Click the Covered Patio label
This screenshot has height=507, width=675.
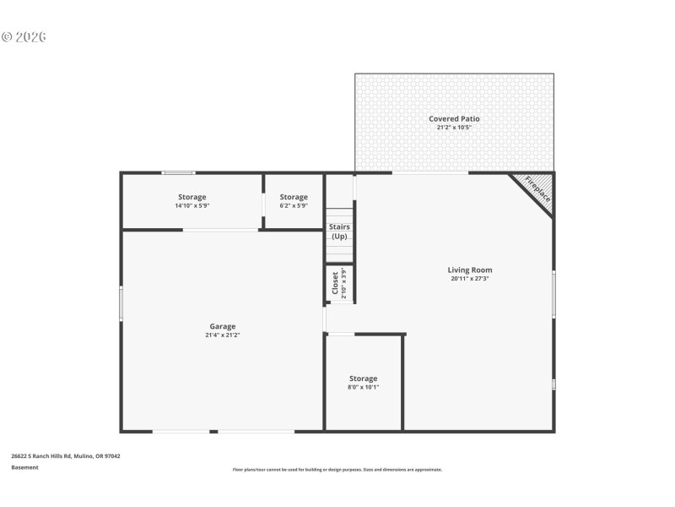[454, 119]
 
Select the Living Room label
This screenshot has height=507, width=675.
[470, 270]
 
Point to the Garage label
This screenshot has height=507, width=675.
[223, 326]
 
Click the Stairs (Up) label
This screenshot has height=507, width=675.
[339, 232]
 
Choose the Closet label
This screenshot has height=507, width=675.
[335, 285]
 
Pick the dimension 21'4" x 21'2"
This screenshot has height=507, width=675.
[223, 335]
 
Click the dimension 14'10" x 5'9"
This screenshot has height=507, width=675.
[192, 205]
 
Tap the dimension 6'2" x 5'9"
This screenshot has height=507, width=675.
[294, 205]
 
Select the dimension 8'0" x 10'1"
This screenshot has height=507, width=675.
[364, 387]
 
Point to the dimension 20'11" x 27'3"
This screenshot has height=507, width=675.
[470, 279]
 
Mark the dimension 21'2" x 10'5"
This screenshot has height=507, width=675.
[454, 128]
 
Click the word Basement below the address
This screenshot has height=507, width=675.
[24, 467]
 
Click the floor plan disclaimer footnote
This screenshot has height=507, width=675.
[337, 470]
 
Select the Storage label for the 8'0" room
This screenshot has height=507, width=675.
[364, 379]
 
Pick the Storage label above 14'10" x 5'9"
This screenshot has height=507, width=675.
[192, 197]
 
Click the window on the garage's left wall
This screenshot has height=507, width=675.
[121, 303]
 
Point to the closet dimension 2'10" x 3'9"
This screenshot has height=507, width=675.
[344, 285]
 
